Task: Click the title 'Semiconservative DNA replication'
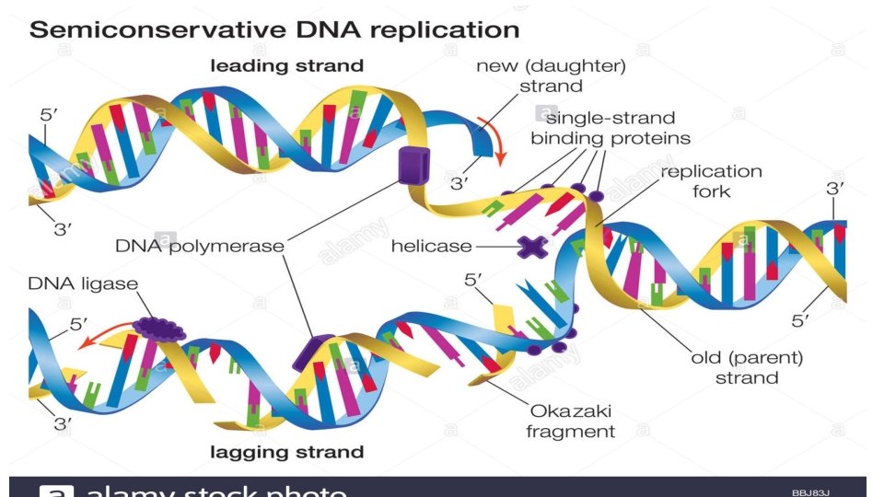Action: pyautogui.click(x=274, y=29)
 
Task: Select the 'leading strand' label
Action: pyautogui.click(x=287, y=65)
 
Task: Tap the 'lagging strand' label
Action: pyautogui.click(x=287, y=452)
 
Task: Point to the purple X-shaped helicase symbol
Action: pyautogui.click(x=531, y=246)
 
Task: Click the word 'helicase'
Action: pyautogui.click(x=431, y=246)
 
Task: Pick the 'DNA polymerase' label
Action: pyautogui.click(x=199, y=246)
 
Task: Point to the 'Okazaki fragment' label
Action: pyautogui.click(x=570, y=421)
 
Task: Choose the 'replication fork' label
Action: pyautogui.click(x=711, y=181)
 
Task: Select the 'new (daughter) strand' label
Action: pyautogui.click(x=551, y=75)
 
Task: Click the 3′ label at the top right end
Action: pyautogui.click(x=834, y=189)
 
